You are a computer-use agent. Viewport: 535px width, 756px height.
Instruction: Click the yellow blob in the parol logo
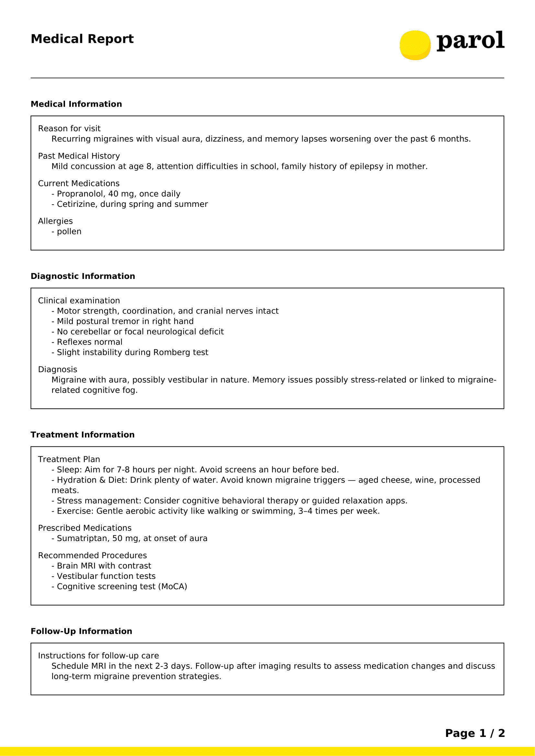415,45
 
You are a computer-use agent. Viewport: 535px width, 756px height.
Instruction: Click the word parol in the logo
470,41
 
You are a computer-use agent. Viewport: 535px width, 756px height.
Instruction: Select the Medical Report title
82,39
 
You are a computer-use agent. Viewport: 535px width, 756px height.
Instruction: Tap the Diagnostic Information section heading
83,276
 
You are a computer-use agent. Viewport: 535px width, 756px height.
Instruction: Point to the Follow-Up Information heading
82,631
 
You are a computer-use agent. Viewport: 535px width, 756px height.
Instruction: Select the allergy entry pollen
69,231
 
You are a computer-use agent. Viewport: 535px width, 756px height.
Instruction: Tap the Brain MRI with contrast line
104,566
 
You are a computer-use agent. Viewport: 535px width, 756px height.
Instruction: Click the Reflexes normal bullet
89,342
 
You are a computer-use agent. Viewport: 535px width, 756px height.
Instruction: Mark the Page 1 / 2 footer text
475,733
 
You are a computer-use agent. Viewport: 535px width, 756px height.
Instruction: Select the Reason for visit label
69,128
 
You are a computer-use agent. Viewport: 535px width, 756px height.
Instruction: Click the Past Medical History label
79,156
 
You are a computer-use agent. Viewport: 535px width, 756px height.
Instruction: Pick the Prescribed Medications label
85,528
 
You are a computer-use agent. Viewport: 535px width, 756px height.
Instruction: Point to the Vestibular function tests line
106,576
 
